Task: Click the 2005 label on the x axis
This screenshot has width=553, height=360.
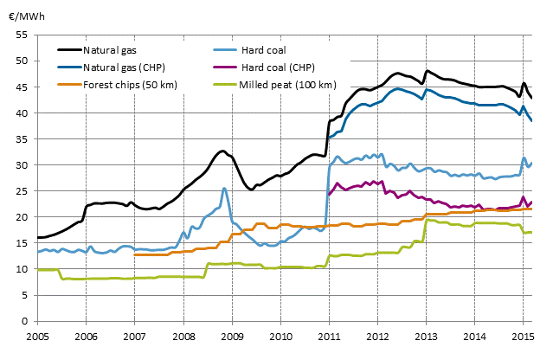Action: [x=36, y=335]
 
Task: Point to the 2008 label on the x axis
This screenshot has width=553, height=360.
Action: [x=183, y=335]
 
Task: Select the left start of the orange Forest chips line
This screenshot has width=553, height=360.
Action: [x=135, y=254]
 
